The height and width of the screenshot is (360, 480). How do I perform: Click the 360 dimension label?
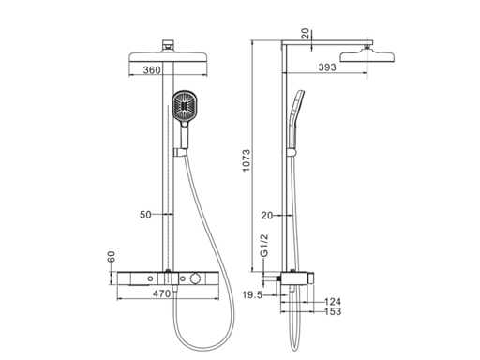[152, 70]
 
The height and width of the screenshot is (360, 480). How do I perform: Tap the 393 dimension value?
[327, 67]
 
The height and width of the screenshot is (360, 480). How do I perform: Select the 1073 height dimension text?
[247, 160]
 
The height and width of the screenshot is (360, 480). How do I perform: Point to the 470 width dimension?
[162, 293]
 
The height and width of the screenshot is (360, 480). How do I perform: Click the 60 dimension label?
[112, 256]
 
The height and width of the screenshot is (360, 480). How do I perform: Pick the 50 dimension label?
[145, 215]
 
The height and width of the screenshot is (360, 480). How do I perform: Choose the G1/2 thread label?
[264, 246]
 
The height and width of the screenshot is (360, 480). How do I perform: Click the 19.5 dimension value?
[252, 294]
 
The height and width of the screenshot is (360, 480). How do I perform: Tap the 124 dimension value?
[333, 302]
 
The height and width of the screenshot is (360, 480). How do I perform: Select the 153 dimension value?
[333, 311]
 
